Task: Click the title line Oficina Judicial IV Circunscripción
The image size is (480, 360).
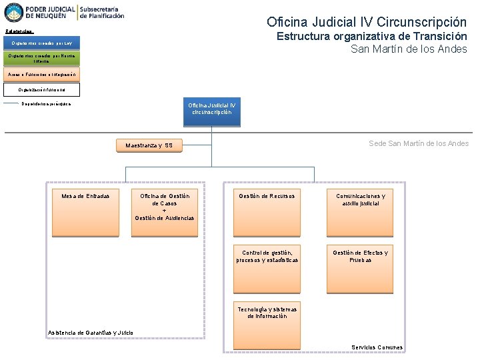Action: pyautogui.click(x=366, y=22)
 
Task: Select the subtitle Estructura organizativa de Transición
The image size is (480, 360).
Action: pyautogui.click(x=371, y=37)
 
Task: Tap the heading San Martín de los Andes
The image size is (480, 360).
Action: pyautogui.click(x=409, y=49)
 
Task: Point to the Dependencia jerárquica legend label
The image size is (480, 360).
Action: pyautogui.click(x=46, y=103)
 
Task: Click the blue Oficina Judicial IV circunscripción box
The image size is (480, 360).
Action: pyautogui.click(x=211, y=110)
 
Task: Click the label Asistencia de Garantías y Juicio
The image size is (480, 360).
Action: pyautogui.click(x=91, y=333)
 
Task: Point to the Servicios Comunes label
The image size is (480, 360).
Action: pyautogui.click(x=377, y=347)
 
